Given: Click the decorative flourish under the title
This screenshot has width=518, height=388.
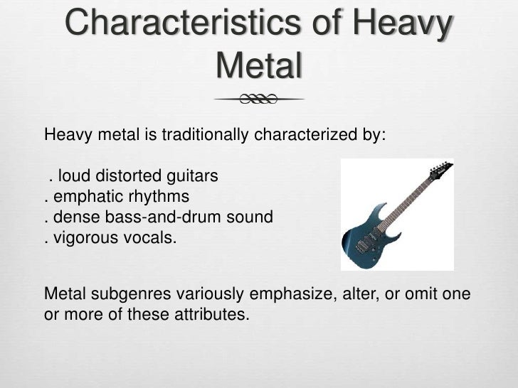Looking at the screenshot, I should coord(259,100).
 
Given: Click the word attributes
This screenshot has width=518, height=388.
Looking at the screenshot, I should coord(207,314).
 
